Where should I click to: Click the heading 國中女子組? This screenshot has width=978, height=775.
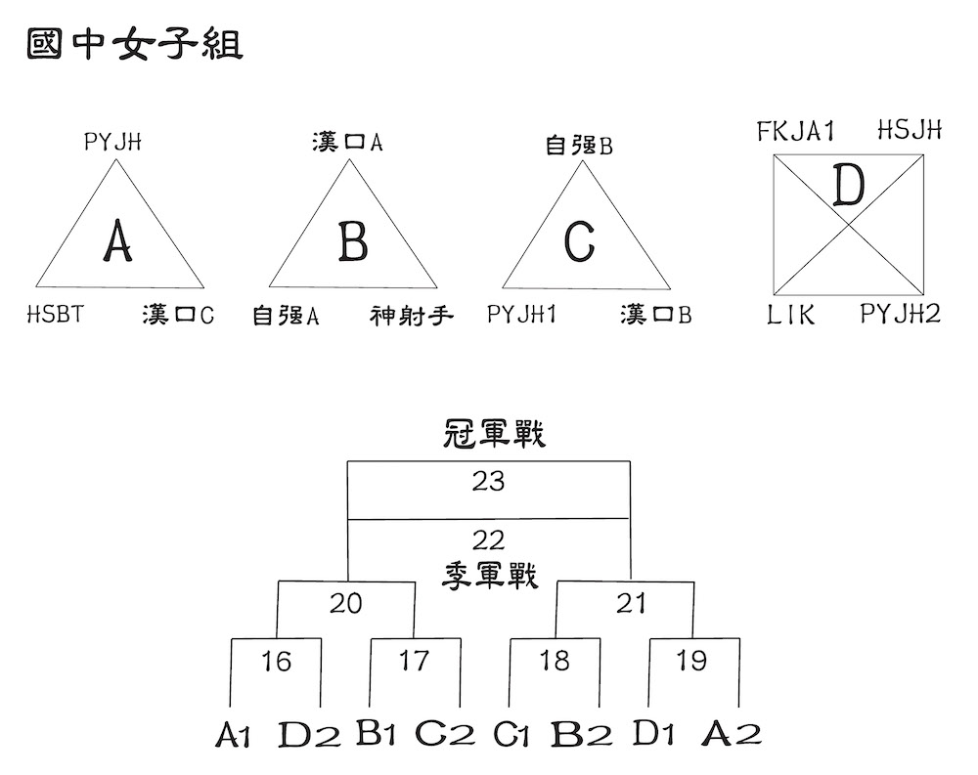pos(135,45)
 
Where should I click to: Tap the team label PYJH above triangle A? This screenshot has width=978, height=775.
pos(112,142)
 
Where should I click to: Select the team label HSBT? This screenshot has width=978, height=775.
pos(56,314)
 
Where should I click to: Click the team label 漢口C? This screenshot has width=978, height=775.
pos(178,315)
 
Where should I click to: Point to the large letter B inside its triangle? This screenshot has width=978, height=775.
pos(353,241)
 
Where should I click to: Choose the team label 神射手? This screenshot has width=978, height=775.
pos(411,316)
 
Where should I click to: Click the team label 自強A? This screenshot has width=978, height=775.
pos(286,316)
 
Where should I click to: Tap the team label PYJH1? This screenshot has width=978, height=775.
pos(521,314)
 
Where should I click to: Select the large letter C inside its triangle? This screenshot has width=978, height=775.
pos(579,241)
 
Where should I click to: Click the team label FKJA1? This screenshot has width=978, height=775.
pos(795,131)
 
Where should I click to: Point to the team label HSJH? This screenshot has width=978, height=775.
pos(910,130)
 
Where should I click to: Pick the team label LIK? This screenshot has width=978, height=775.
pos(791,315)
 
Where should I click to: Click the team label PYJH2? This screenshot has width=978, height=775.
pos(900,313)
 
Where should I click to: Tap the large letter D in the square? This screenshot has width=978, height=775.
pos(849,186)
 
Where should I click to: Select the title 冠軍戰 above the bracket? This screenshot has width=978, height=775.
pos(494,434)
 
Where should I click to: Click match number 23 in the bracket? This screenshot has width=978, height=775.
pos(488,482)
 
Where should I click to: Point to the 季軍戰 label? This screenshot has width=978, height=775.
pos(490,576)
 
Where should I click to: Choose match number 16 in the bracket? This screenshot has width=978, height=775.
pos(277,662)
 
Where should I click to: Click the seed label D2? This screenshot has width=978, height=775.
pos(309,735)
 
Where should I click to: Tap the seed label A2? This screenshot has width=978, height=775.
pos(732,733)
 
